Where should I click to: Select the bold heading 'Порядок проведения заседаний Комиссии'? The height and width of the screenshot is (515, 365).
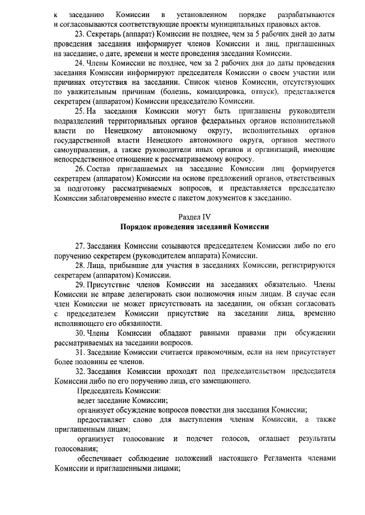point(194,226)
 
